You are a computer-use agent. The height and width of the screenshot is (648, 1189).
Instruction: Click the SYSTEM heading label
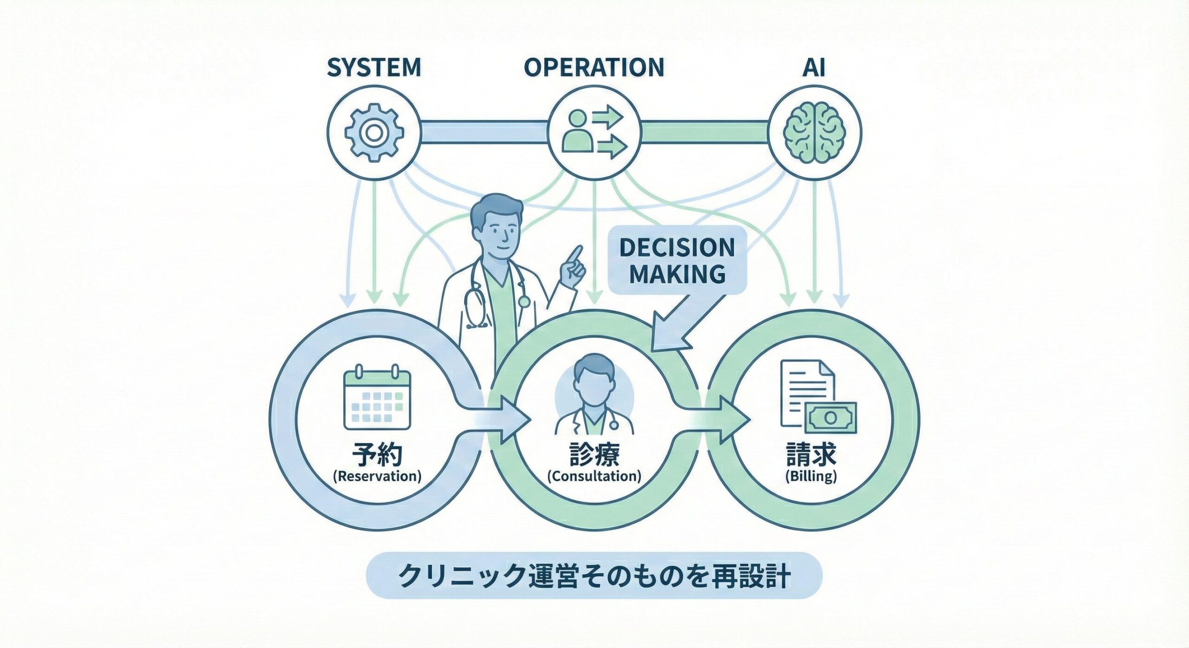point(374,68)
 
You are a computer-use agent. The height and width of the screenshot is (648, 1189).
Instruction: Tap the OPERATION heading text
point(594,68)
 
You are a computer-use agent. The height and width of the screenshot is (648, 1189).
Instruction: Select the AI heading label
point(814,68)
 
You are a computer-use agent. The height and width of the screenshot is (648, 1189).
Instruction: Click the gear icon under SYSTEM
point(374,132)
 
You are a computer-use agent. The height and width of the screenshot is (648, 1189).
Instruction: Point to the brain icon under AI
point(814,132)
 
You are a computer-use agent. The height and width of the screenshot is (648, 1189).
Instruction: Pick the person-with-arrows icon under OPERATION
point(594,132)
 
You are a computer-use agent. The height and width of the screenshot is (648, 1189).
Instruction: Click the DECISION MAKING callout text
point(677,260)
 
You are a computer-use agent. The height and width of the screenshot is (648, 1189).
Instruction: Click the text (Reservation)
point(377,476)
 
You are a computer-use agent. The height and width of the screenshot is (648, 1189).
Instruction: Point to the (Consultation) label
point(594,476)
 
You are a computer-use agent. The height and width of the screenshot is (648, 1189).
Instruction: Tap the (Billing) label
point(811,476)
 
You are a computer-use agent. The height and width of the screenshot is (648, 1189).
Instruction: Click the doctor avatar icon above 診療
point(594,395)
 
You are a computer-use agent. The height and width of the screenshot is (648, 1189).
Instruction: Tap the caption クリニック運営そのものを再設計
point(594,577)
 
